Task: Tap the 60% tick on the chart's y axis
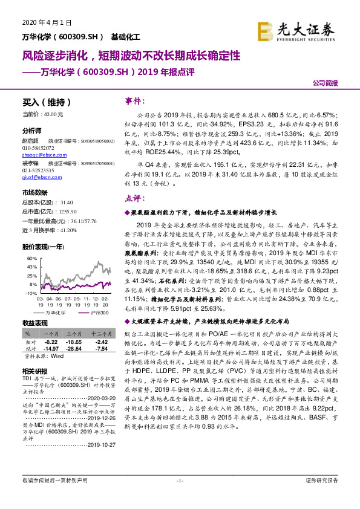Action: (32, 258)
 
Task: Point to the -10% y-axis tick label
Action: (31, 292)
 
